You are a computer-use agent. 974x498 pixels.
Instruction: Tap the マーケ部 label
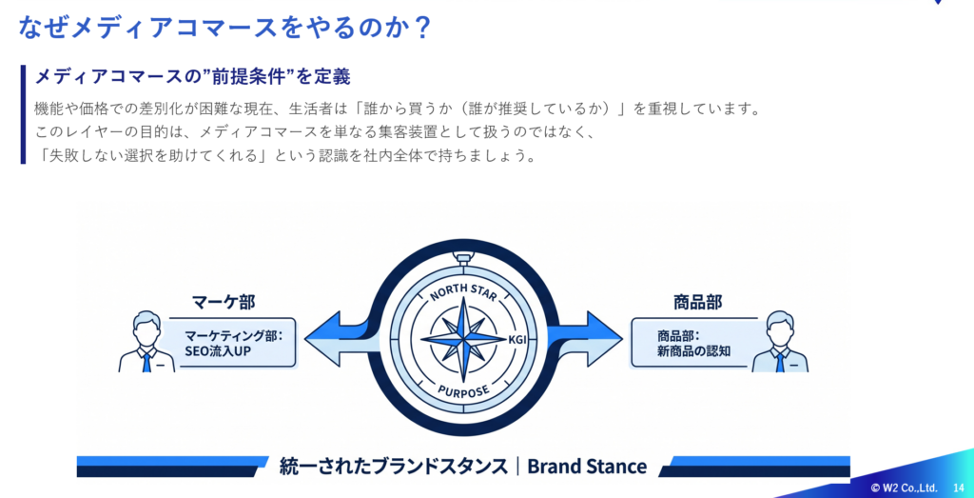point(224,303)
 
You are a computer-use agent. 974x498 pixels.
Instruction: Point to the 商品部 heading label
point(696,302)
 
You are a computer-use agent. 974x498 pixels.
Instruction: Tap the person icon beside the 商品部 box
point(780,342)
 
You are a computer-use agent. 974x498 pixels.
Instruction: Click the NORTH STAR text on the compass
point(464,291)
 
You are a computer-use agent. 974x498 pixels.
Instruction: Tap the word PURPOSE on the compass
point(463,390)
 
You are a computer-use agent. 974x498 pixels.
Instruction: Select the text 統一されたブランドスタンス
point(394,467)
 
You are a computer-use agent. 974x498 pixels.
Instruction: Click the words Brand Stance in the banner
point(587,467)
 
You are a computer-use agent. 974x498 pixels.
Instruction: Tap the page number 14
point(958,487)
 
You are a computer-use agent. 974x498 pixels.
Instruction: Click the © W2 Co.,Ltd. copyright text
point(904,487)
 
